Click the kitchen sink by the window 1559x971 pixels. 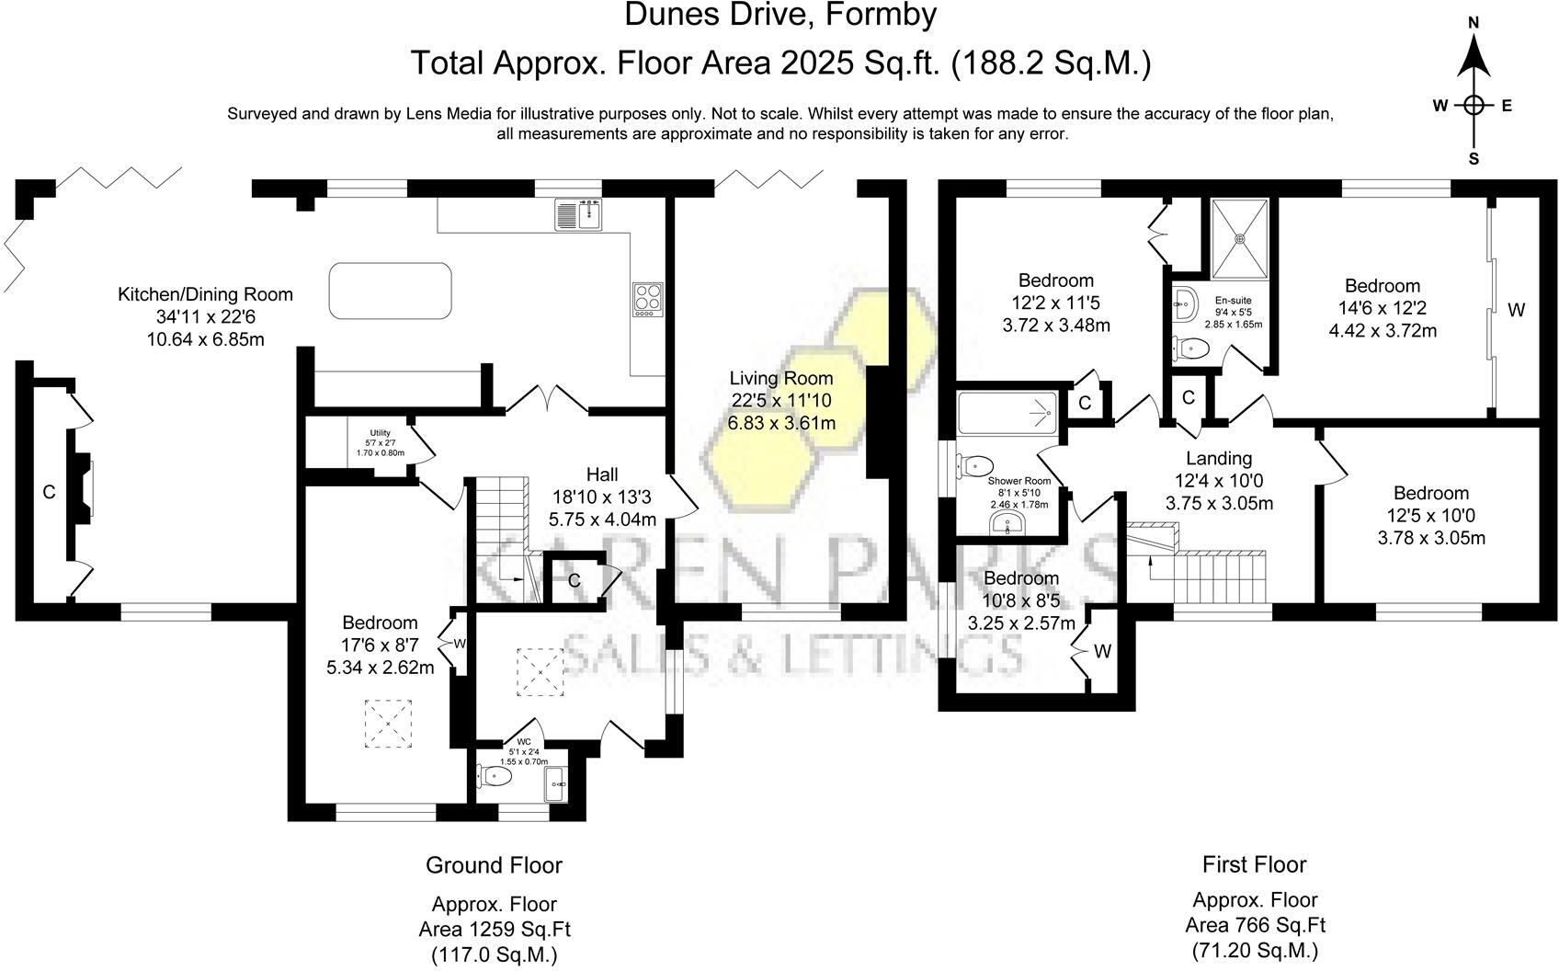tap(578, 213)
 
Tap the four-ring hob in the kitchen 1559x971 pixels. tap(647, 300)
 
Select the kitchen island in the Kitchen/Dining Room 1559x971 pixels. tap(391, 291)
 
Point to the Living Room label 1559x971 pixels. tap(781, 378)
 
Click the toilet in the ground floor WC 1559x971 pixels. tap(495, 775)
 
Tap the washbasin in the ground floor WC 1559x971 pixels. tap(556, 783)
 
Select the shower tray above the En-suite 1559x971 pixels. tap(1239, 239)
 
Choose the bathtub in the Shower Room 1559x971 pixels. tap(1007, 413)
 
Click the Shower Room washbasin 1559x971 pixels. tap(1007, 524)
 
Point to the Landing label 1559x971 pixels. tap(1219, 458)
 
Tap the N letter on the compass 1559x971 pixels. tap(1474, 22)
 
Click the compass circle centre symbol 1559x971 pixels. tap(1474, 105)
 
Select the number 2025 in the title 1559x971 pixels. tap(817, 63)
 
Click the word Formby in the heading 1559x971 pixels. tap(882, 14)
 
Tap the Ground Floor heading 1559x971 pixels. tap(495, 864)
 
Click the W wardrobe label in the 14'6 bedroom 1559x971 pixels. tap(1517, 310)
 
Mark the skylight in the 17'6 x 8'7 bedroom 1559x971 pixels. tap(388, 724)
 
